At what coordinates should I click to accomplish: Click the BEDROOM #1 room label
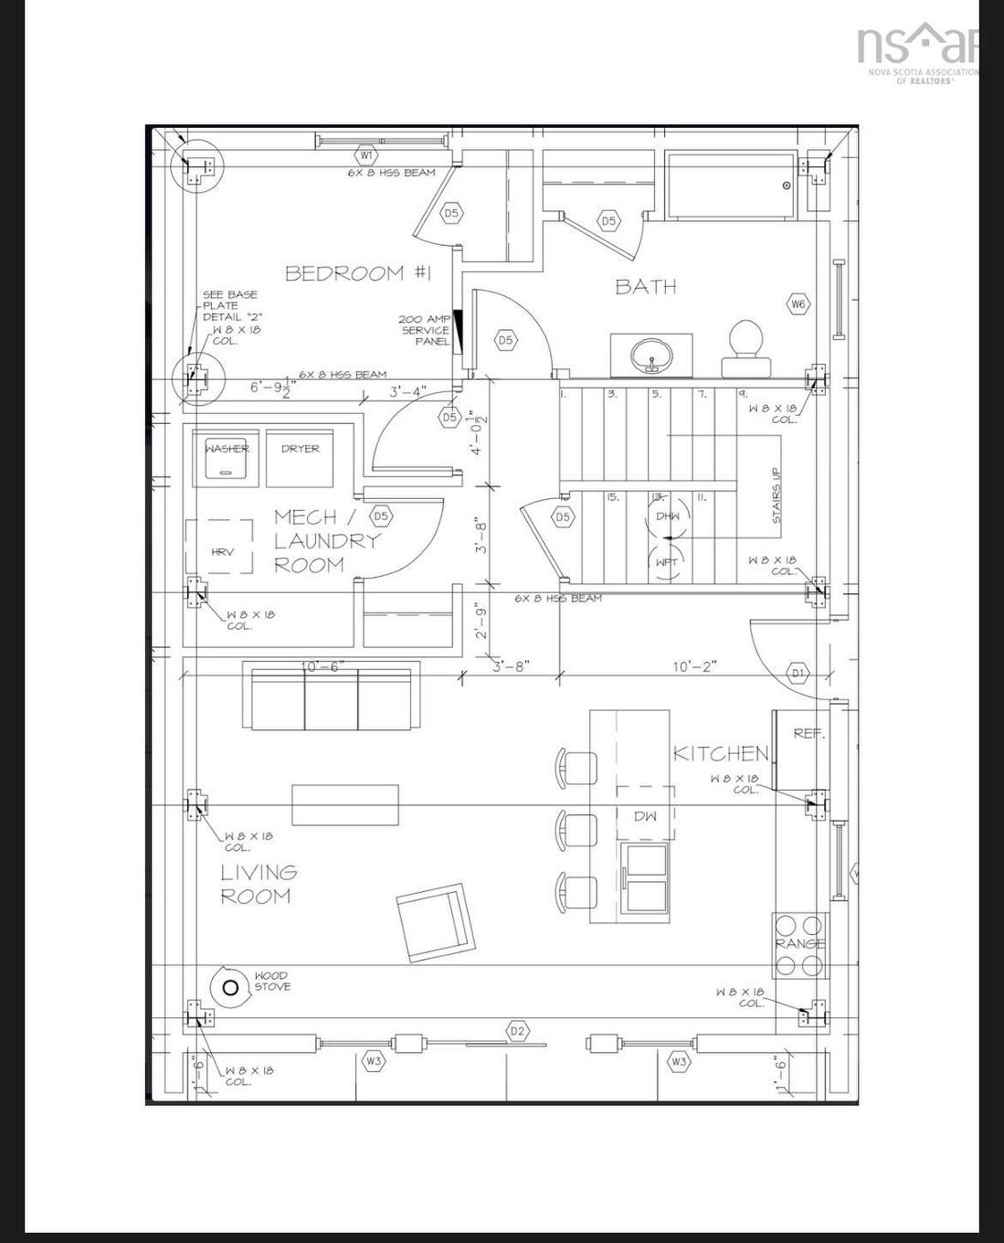pyautogui.click(x=357, y=273)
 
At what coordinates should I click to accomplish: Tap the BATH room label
pyautogui.click(x=645, y=287)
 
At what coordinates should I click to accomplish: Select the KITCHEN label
pyautogui.click(x=721, y=753)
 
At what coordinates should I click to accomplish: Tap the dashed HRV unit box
pyautogui.click(x=219, y=547)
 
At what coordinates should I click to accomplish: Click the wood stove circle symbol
pyautogui.click(x=230, y=987)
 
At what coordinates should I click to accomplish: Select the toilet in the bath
pyautogui.click(x=747, y=348)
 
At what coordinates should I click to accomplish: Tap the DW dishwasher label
pyautogui.click(x=645, y=816)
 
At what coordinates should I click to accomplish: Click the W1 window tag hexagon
pyautogui.click(x=366, y=155)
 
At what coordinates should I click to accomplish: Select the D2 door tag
pyautogui.click(x=518, y=1031)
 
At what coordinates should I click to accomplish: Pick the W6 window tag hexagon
pyautogui.click(x=798, y=303)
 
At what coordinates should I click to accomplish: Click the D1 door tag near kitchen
pyautogui.click(x=798, y=674)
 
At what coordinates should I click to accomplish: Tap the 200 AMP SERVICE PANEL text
pyautogui.click(x=425, y=330)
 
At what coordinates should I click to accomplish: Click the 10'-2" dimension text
pyautogui.click(x=694, y=666)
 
